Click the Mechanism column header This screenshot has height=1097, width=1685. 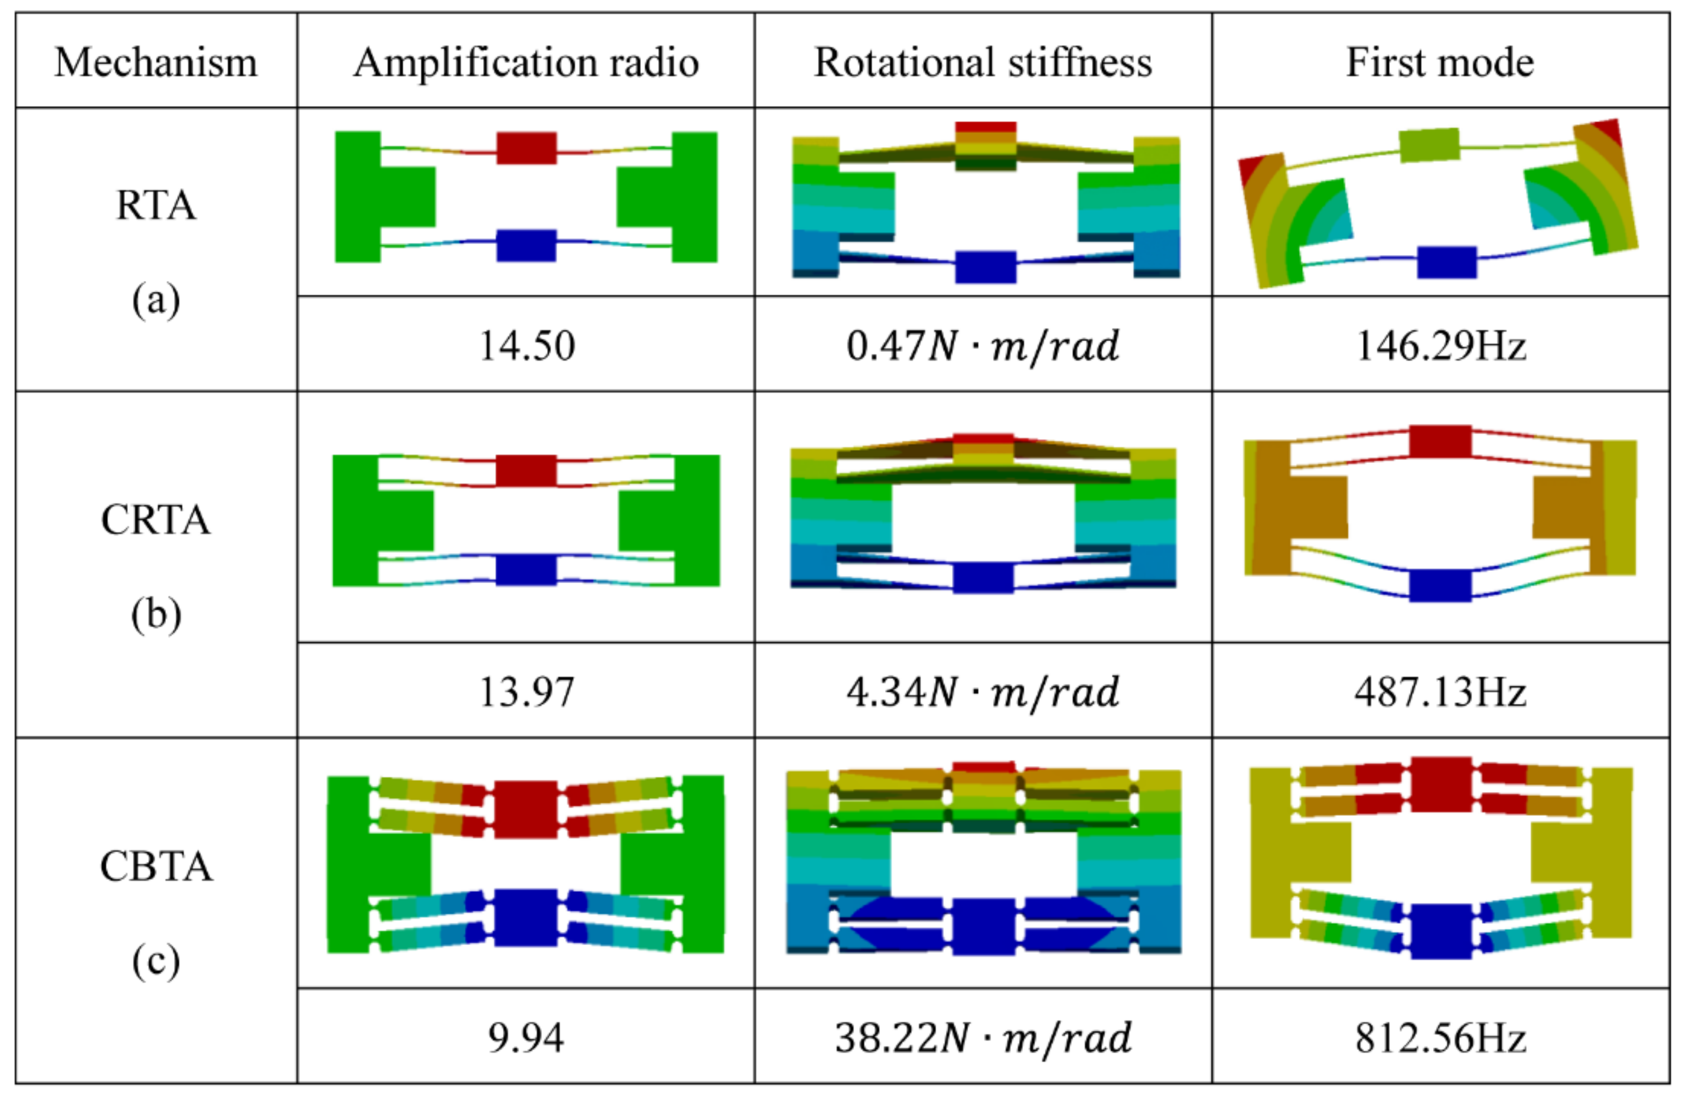(x=156, y=63)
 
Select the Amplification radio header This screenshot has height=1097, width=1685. (x=526, y=63)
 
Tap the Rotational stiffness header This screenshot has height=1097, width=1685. (x=983, y=63)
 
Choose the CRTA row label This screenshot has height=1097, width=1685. (x=156, y=520)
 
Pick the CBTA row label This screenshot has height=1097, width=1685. (x=156, y=866)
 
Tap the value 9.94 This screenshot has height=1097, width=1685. (x=526, y=1038)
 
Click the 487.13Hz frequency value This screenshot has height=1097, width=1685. (x=1440, y=692)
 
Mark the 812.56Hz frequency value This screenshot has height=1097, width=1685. (x=1440, y=1038)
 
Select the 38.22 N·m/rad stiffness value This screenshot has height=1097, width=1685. (x=983, y=1038)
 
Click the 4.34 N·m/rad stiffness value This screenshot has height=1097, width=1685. (x=983, y=692)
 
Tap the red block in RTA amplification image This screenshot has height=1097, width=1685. (x=526, y=148)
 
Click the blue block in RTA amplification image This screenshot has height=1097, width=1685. (x=526, y=246)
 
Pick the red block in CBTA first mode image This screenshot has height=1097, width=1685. (x=1441, y=784)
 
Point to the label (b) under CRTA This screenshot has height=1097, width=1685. (x=156, y=614)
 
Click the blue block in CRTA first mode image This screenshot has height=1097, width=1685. (x=1440, y=585)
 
